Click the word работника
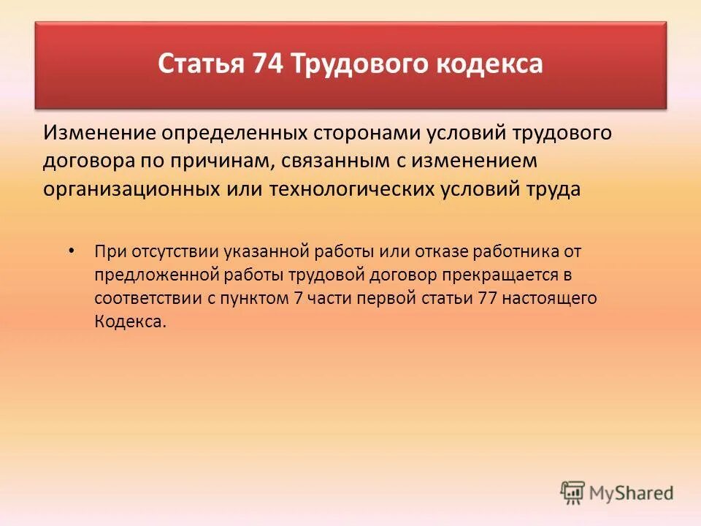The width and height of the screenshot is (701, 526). tap(512, 251)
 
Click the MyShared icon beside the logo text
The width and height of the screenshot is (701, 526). tap(572, 494)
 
